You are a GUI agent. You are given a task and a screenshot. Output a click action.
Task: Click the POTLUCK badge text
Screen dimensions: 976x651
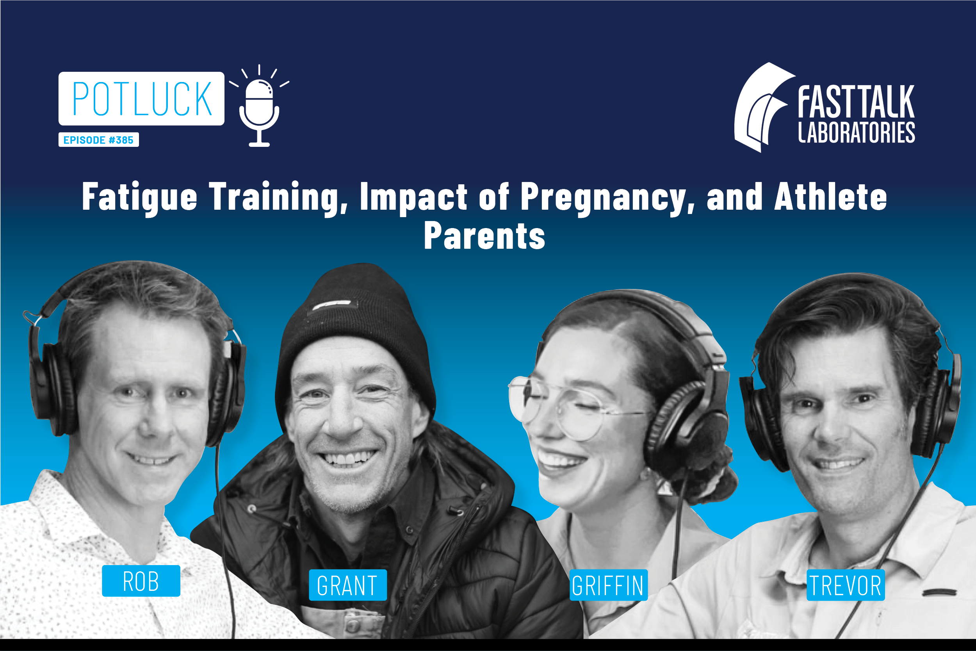coord(142,99)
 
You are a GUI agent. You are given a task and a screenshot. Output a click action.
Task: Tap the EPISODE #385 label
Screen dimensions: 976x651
coord(98,140)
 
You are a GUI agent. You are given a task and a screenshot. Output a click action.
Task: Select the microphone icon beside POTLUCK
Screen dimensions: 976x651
coord(259,106)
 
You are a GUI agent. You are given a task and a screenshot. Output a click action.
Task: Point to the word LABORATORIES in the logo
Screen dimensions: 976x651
coord(857,133)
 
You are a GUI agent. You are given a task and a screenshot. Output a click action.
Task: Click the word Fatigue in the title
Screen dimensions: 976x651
coord(139,198)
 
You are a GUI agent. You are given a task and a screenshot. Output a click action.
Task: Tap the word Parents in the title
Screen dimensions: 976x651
coord(484,235)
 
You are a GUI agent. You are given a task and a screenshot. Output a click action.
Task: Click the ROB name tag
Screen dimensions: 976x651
coord(141,581)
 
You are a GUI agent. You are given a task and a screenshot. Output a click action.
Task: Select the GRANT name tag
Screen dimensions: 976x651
coord(348,585)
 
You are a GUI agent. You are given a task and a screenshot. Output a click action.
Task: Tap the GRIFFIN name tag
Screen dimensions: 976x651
coord(608,585)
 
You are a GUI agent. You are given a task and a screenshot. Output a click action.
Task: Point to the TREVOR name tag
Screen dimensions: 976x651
coord(846,585)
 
